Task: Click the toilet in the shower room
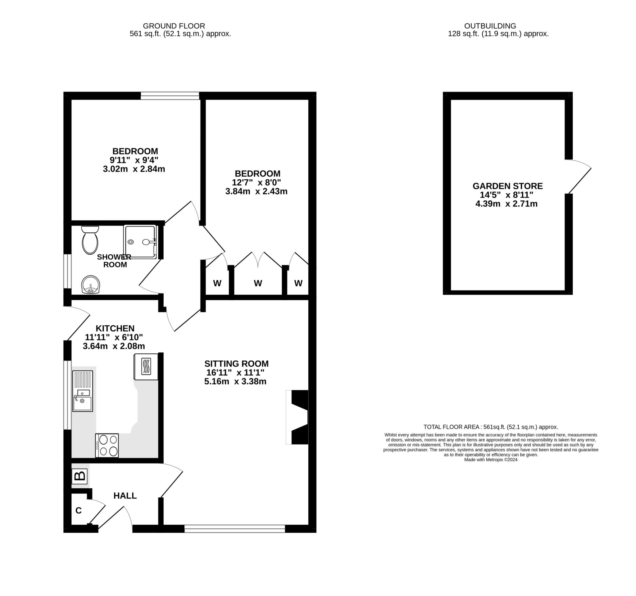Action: [x=90, y=241]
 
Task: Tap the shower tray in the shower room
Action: [x=140, y=242]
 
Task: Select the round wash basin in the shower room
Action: [x=91, y=285]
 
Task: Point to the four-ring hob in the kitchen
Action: [x=107, y=446]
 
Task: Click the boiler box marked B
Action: [x=79, y=476]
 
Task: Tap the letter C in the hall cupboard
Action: [x=78, y=511]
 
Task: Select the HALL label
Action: [x=125, y=496]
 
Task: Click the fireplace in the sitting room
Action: [x=298, y=417]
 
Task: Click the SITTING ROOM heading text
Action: [x=236, y=364]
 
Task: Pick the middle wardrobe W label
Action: [x=258, y=283]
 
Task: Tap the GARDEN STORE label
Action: [x=508, y=186]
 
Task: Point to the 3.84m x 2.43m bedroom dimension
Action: [x=256, y=191]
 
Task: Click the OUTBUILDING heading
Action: [x=490, y=26]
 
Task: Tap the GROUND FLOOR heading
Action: [x=174, y=26]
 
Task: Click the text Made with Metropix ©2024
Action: [x=490, y=460]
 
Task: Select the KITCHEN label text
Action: [x=115, y=328]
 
